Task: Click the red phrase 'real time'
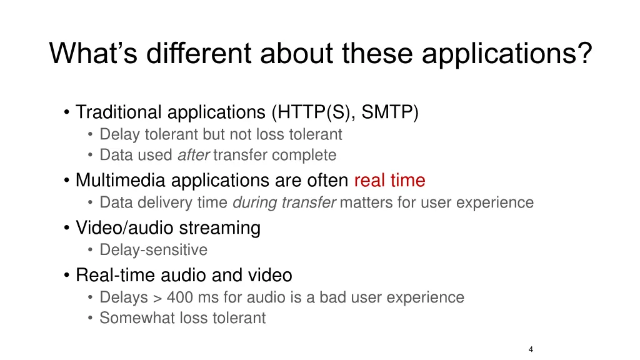click(389, 181)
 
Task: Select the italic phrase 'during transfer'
click(284, 202)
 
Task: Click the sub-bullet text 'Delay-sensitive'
click(153, 250)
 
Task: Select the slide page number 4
click(531, 349)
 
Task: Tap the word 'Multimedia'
click(121, 181)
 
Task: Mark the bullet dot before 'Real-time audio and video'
click(66, 276)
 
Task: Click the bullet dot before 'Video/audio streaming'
click(66, 228)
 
